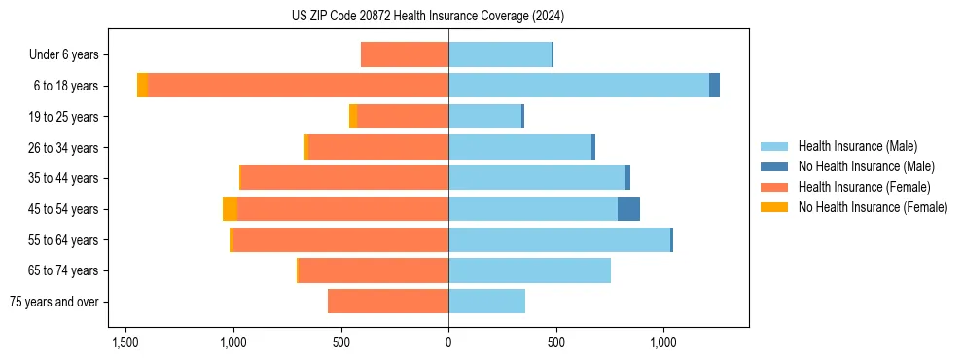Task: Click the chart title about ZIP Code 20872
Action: pyautogui.click(x=427, y=16)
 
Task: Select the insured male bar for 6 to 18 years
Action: pyautogui.click(x=579, y=86)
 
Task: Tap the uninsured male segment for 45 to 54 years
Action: pyautogui.click(x=628, y=209)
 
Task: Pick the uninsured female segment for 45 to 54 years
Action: pyautogui.click(x=230, y=209)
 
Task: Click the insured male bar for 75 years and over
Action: pyautogui.click(x=486, y=302)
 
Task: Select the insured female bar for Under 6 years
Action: pyautogui.click(x=405, y=54)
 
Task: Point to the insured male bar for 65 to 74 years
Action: pyautogui.click(x=529, y=270)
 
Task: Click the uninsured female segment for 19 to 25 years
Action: pyautogui.click(x=353, y=117)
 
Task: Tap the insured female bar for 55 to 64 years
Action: pyautogui.click(x=340, y=240)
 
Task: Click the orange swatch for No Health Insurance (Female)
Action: pyautogui.click(x=775, y=207)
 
